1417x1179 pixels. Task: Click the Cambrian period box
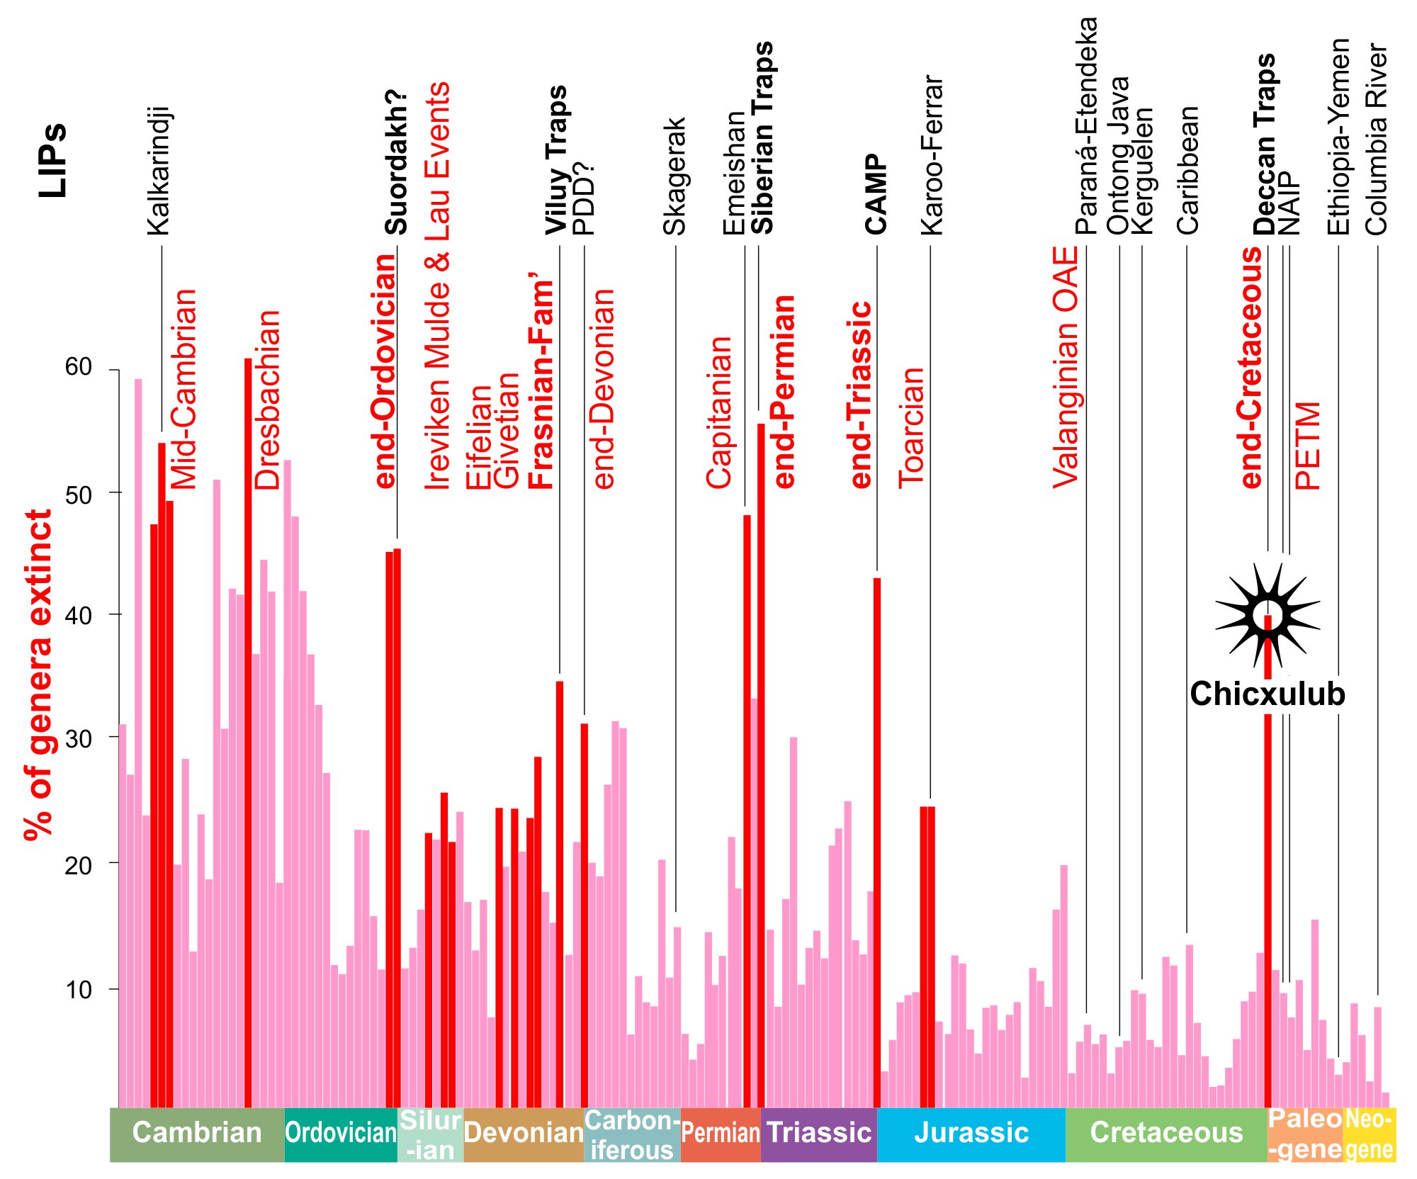pyautogui.click(x=197, y=1133)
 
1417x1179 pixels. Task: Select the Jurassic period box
pyautogui.click(x=971, y=1133)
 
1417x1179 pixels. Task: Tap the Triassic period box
pyautogui.click(x=818, y=1133)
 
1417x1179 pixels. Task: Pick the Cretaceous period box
pyautogui.click(x=1166, y=1133)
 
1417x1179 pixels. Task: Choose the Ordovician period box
pyautogui.click(x=341, y=1133)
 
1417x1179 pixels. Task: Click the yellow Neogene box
pyautogui.click(x=1369, y=1134)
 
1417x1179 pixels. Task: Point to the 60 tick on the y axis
pyautogui.click(x=79, y=368)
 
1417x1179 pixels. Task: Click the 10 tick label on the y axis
pyautogui.click(x=79, y=990)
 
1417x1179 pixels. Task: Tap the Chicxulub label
pyautogui.click(x=1268, y=694)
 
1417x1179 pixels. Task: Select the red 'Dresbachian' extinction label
pyautogui.click(x=268, y=400)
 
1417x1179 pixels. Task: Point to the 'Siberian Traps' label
pyautogui.click(x=762, y=137)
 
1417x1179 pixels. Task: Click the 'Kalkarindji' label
pyautogui.click(x=159, y=171)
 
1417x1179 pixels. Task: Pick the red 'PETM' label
pyautogui.click(x=1308, y=446)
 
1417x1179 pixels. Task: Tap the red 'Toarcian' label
pyautogui.click(x=912, y=428)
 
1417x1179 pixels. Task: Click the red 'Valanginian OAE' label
pyautogui.click(x=1065, y=367)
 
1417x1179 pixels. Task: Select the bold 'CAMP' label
pyautogui.click(x=876, y=194)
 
